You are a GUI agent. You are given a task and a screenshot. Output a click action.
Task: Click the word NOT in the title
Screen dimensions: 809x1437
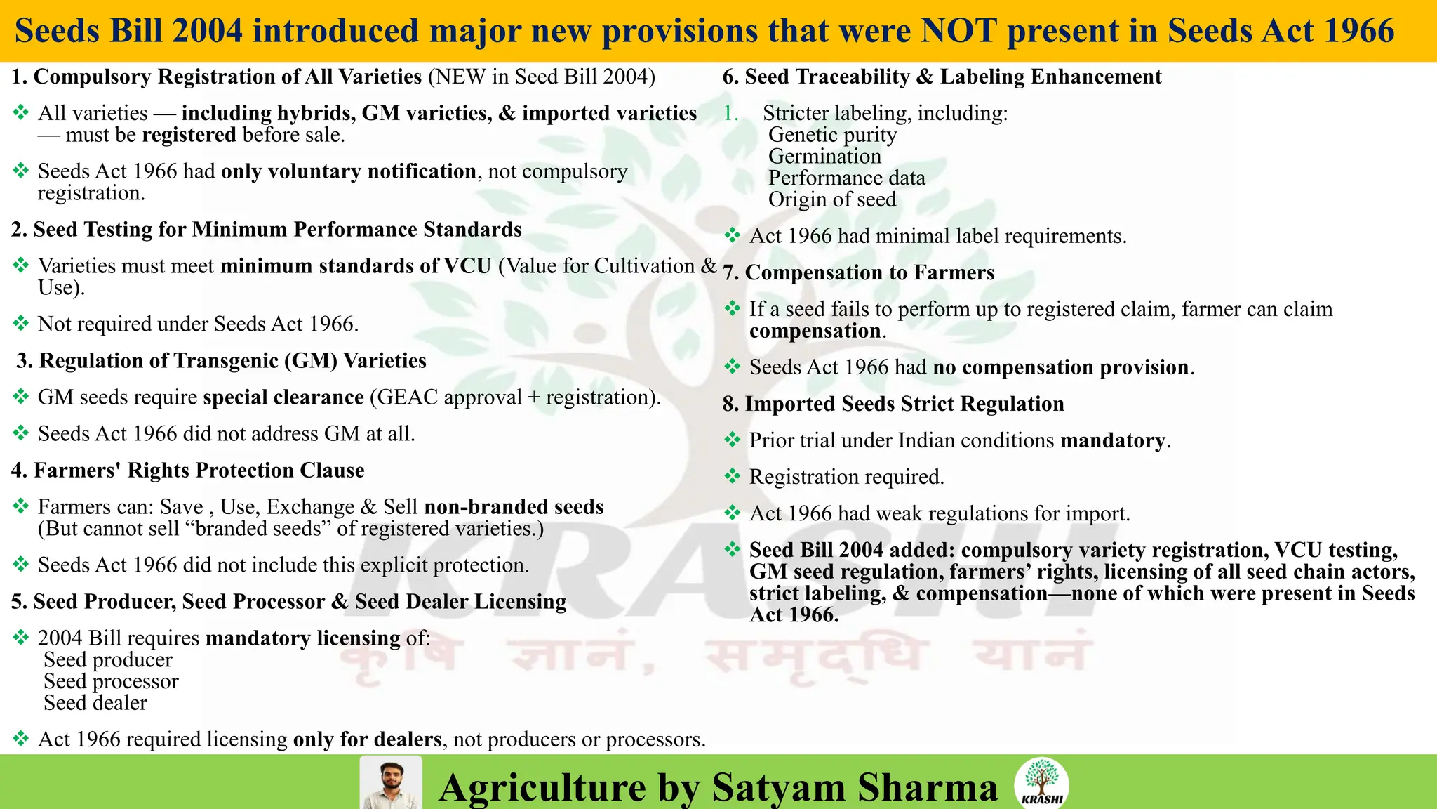[x=958, y=31]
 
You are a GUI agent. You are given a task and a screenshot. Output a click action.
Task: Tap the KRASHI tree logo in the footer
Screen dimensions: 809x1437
[x=1041, y=782]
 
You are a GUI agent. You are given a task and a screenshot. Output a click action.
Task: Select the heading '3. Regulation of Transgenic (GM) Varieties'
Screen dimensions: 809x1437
[x=221, y=361]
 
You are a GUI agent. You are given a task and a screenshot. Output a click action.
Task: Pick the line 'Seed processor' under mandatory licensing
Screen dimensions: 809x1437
[x=111, y=681]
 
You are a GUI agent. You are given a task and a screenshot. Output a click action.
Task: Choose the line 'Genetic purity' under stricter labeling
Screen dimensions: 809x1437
[x=832, y=135]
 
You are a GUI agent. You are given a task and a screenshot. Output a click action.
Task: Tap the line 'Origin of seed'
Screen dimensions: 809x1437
[x=832, y=199]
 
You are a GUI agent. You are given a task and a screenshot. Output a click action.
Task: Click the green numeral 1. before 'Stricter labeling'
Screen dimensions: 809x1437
[x=731, y=113]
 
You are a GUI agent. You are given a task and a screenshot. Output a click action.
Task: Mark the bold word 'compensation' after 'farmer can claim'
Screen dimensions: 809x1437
[x=815, y=331]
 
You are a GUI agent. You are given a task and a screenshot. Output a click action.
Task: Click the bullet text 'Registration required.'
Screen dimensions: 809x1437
[x=846, y=477]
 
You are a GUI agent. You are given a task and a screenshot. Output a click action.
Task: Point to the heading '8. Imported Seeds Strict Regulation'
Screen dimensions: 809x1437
[x=893, y=404]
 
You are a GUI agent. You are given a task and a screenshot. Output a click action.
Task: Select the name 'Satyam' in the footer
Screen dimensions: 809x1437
[x=779, y=787]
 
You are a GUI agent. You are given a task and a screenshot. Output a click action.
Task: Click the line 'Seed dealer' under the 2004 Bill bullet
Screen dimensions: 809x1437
[x=95, y=703]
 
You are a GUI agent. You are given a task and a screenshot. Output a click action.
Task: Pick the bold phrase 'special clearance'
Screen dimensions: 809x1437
[x=283, y=397]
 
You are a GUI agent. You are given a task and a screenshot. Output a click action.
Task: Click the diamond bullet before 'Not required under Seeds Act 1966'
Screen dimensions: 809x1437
[x=21, y=323]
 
